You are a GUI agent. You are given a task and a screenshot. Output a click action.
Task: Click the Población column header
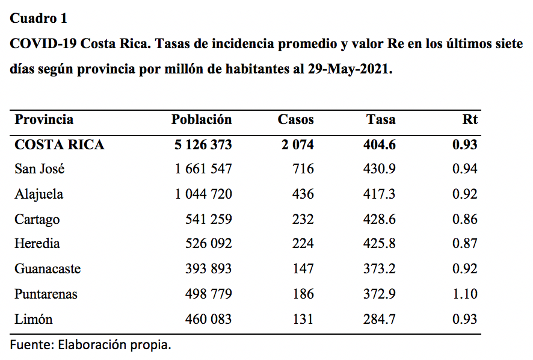[x=202, y=119]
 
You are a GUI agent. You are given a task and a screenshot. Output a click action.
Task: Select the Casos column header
[x=296, y=119]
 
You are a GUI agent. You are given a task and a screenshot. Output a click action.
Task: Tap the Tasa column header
[x=381, y=119]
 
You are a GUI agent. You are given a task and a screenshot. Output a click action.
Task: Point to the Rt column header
[x=470, y=119]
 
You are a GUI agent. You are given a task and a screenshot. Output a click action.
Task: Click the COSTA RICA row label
[x=60, y=144]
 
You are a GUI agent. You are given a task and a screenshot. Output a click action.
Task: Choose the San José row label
[x=40, y=169]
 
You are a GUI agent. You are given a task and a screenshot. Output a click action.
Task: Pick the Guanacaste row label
[x=48, y=269]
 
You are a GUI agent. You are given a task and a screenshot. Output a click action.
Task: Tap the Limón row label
[x=34, y=319]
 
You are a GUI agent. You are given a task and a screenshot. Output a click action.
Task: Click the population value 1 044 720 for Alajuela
[x=203, y=194]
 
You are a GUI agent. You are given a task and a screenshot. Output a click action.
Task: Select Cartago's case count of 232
[x=303, y=219]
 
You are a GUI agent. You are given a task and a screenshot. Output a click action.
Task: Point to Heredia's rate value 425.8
[x=380, y=243]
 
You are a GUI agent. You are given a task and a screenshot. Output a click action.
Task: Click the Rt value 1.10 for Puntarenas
[x=465, y=294]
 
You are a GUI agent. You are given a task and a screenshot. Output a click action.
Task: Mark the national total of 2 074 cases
[x=298, y=144]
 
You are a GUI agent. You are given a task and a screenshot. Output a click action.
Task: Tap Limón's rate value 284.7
[x=380, y=319]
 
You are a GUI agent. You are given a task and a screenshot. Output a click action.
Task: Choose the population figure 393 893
[x=208, y=269]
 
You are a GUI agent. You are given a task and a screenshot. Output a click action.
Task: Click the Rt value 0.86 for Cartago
[x=464, y=219]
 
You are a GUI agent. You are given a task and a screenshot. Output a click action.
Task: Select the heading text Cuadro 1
[x=39, y=19]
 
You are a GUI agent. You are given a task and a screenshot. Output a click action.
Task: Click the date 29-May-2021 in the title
[x=350, y=69]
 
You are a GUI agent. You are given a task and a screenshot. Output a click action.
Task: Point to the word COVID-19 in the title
[x=43, y=44]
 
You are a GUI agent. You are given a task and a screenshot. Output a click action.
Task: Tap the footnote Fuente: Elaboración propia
[x=90, y=345]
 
